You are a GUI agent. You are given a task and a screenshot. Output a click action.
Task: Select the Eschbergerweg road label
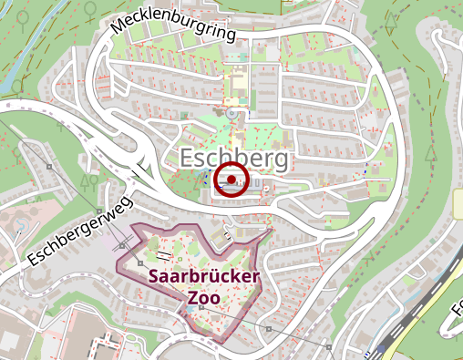pos(79,229)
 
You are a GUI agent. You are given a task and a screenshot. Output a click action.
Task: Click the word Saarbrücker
pos(204,276)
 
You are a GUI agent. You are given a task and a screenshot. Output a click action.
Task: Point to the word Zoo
pos(204,297)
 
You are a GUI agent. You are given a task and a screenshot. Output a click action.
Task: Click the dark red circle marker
pos(232,180)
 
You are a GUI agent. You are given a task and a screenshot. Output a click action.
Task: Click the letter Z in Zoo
pos(192,297)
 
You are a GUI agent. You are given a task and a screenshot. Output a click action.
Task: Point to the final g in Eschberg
pos(282,161)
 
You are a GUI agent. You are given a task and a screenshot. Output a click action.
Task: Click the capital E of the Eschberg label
pos(187,159)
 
